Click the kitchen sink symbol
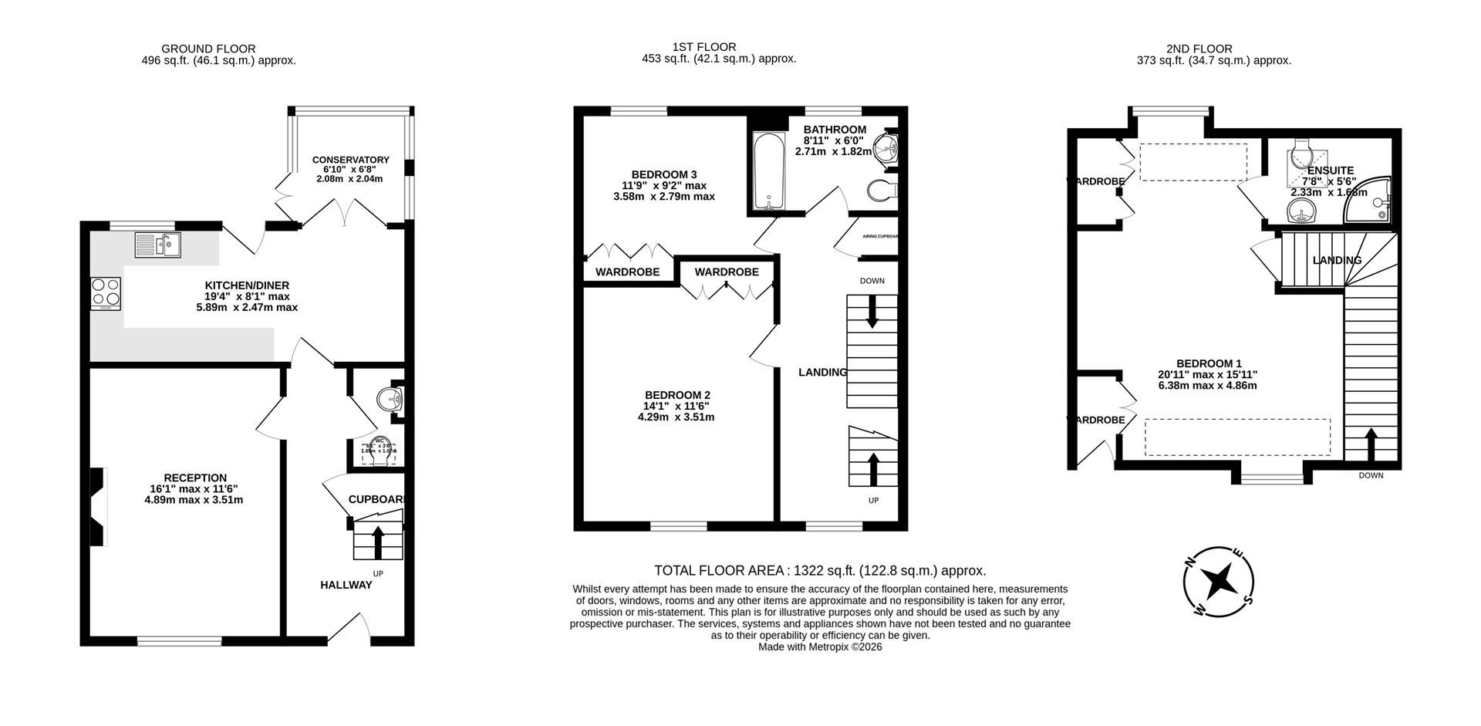point(157,245)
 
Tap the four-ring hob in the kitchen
point(106,293)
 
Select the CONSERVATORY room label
point(350,160)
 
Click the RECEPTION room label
point(194,478)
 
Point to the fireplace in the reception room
point(96,506)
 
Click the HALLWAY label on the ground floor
point(346,585)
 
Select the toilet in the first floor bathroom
point(881,189)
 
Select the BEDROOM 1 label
point(1208,363)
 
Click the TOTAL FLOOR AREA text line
point(819,571)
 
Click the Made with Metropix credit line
point(819,647)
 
